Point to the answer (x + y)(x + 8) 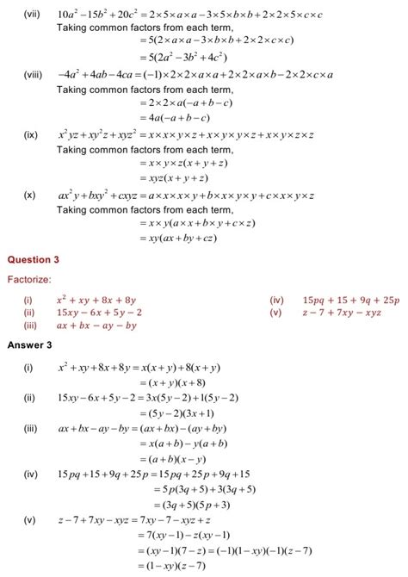(178, 385)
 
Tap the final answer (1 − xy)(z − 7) (180, 565)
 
